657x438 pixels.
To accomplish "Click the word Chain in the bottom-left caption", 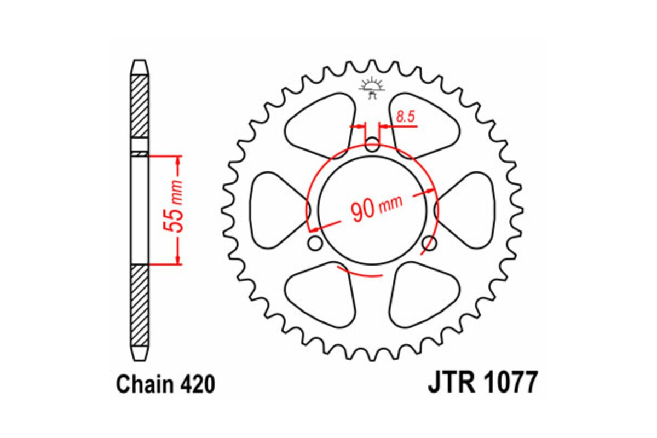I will [x=146, y=385].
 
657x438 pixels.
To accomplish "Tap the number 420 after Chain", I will [x=197, y=385].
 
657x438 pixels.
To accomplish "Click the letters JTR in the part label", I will [x=448, y=384].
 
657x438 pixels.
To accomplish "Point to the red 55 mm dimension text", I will [x=177, y=211].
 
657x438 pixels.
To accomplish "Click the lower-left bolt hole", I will [x=315, y=242].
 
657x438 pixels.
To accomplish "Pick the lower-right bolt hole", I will [x=430, y=242].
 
